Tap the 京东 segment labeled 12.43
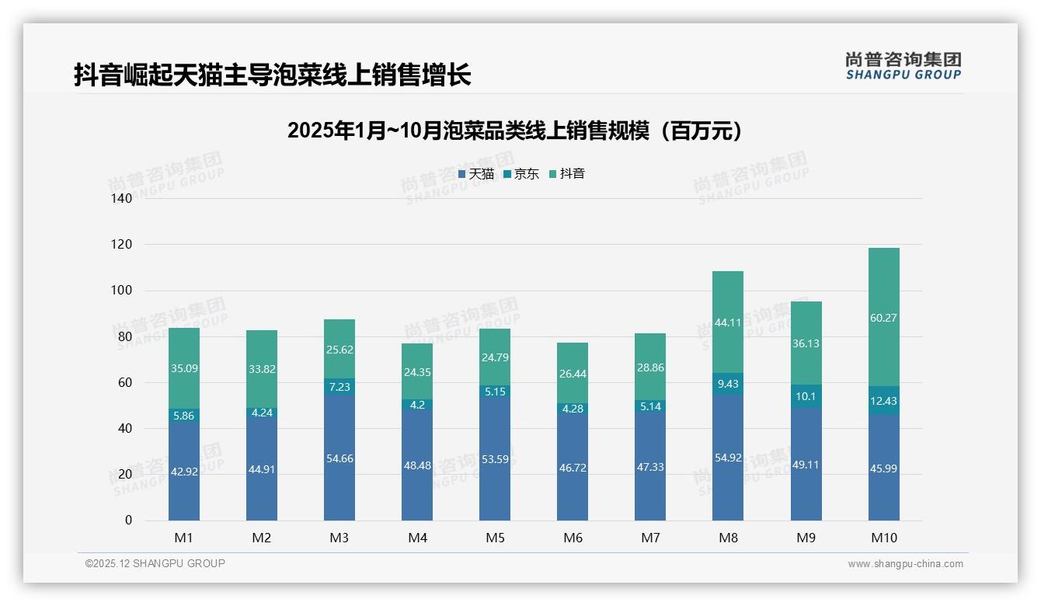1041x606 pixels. [x=883, y=400]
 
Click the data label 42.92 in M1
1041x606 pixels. [x=184, y=472]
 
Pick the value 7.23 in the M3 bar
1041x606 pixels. [x=339, y=386]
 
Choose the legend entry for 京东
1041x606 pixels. [x=521, y=174]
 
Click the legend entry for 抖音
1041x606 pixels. [x=567, y=174]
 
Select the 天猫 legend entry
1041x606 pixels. [x=476, y=174]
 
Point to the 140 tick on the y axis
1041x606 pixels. [x=122, y=199]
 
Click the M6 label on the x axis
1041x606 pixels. [x=573, y=538]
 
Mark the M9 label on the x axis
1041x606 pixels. [x=806, y=538]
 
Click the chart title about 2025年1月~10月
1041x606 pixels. [x=514, y=131]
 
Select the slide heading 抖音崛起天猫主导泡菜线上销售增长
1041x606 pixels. [x=273, y=75]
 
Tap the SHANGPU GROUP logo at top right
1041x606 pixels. [x=903, y=66]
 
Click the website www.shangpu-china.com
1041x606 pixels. [x=905, y=564]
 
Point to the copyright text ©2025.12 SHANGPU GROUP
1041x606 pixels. [x=155, y=564]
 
